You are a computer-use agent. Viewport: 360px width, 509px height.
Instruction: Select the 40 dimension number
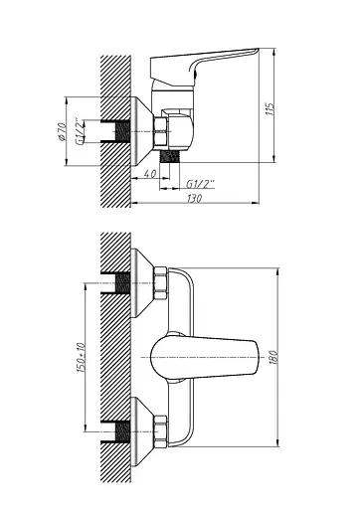click(149, 170)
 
